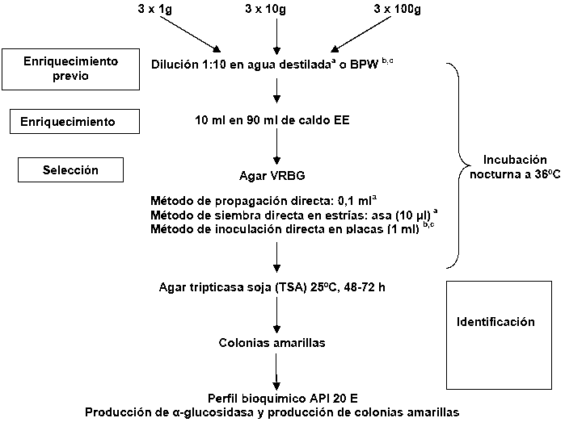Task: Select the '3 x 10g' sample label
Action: coord(276,10)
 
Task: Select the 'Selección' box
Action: coord(70,170)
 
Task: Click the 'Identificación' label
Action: coord(496,322)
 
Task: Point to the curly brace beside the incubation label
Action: coord(459,165)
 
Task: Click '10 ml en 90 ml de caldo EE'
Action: coord(276,120)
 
